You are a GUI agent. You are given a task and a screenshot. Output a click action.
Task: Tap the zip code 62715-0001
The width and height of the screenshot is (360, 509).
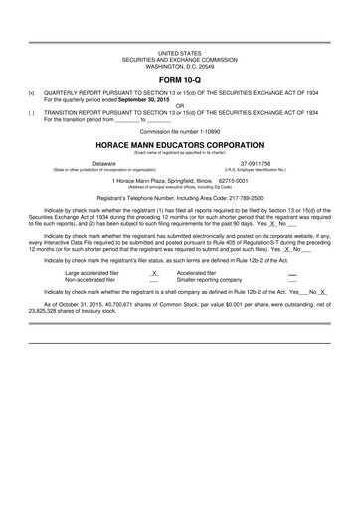pos(236,181)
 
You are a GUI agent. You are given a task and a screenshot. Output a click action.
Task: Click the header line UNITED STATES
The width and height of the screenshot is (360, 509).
pos(180,49)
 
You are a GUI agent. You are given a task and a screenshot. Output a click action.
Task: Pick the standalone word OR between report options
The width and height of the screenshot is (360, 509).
pos(180,103)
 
